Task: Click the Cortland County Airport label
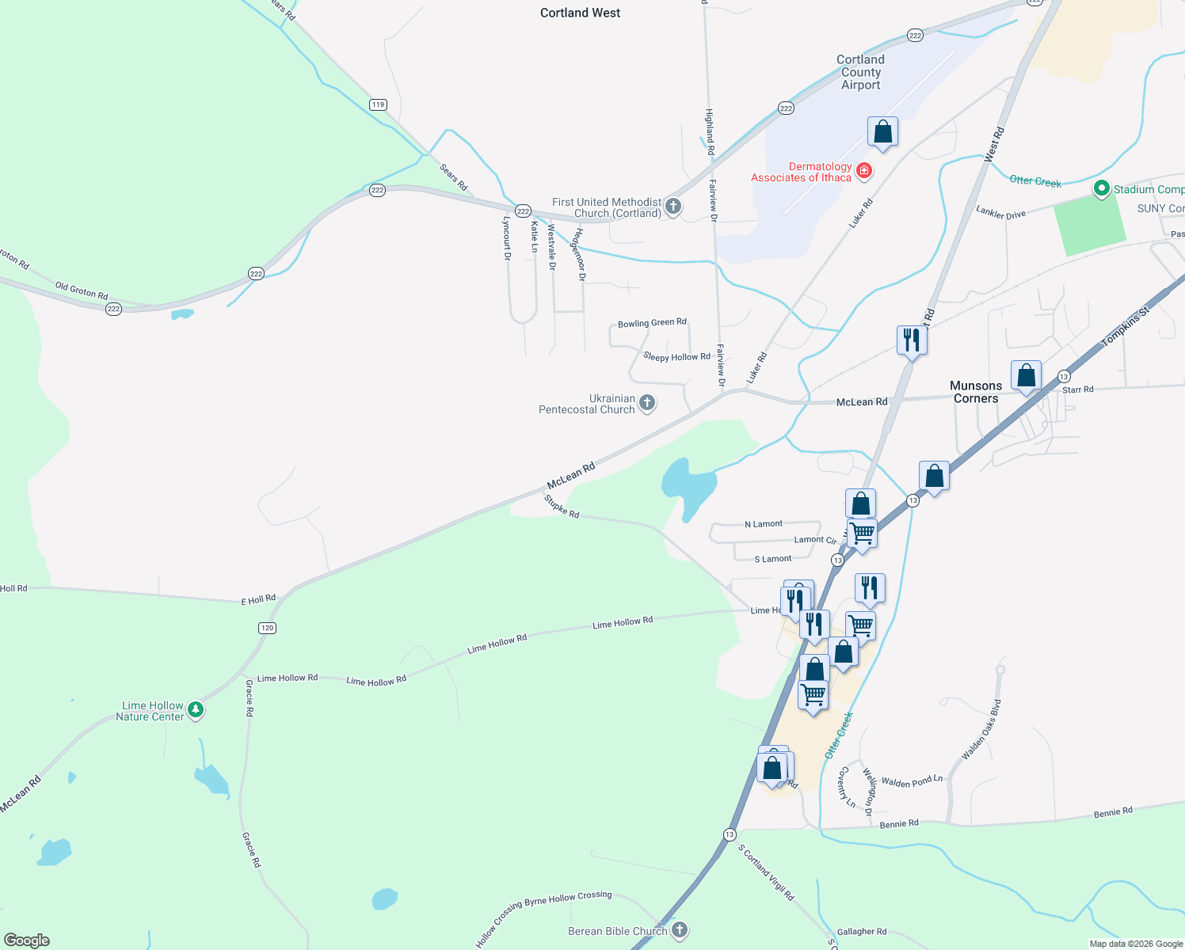tap(860, 72)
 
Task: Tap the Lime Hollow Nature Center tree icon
tap(196, 710)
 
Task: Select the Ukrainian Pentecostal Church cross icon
tap(647, 404)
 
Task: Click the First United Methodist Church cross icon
tap(673, 207)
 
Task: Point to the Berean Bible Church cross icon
tap(680, 930)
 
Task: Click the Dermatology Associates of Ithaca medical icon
tap(864, 171)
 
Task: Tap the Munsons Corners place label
tap(976, 392)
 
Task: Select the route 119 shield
tap(378, 104)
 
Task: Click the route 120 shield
tap(267, 628)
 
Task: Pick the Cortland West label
tap(580, 13)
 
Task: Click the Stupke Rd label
tap(562, 507)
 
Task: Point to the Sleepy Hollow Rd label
tap(676, 357)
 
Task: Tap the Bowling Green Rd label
tap(652, 323)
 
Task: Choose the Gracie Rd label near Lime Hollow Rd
tap(250, 697)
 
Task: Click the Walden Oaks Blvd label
tap(981, 729)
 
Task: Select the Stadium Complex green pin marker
tap(1101, 188)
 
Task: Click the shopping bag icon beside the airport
tap(882, 132)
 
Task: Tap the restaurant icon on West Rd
tap(912, 340)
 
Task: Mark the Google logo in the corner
tap(27, 940)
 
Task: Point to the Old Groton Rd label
tap(82, 290)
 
